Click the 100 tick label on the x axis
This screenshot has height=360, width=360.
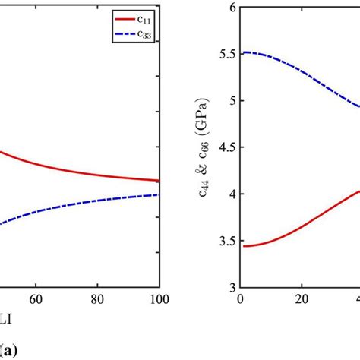[158, 300]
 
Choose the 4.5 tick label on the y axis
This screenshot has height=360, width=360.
[226, 147]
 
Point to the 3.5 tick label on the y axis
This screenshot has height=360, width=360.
[226, 241]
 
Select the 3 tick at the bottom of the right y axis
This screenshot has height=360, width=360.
[231, 288]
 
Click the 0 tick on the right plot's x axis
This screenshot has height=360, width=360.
[241, 300]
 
